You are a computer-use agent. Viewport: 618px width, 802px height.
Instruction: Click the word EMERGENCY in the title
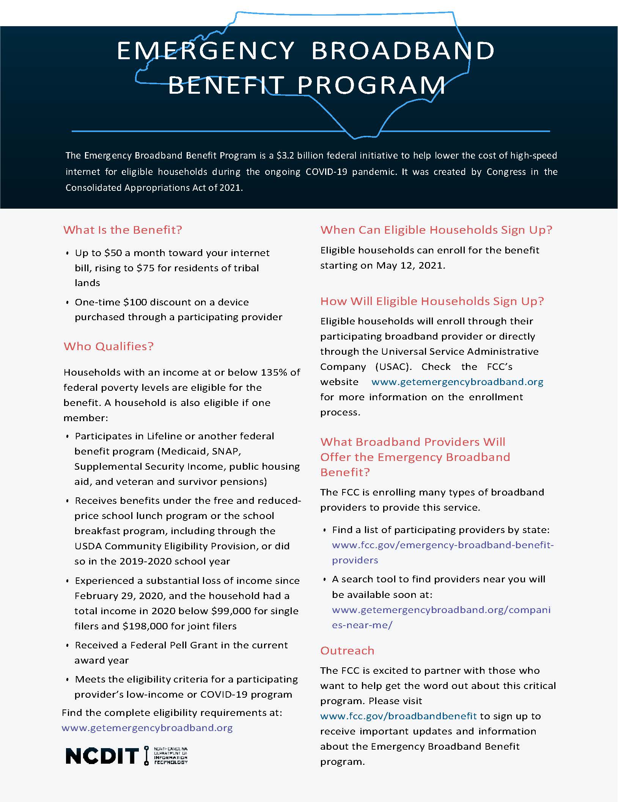[x=206, y=50]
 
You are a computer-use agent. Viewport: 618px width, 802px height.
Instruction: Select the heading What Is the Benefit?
[x=123, y=230]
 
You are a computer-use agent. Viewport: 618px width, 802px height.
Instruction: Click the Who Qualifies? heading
[x=109, y=346]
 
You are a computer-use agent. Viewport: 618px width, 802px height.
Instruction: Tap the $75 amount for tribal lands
[x=145, y=268]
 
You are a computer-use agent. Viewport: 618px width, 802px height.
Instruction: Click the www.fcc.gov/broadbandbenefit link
[x=398, y=716]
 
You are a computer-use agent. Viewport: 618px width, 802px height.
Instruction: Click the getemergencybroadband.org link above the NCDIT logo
[x=147, y=728]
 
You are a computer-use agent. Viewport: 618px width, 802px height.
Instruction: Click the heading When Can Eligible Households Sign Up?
[x=436, y=230]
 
